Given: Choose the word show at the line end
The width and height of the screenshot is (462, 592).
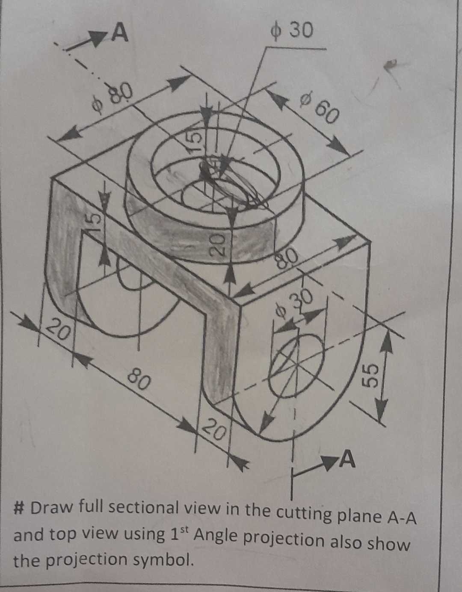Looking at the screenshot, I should [x=387, y=544].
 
